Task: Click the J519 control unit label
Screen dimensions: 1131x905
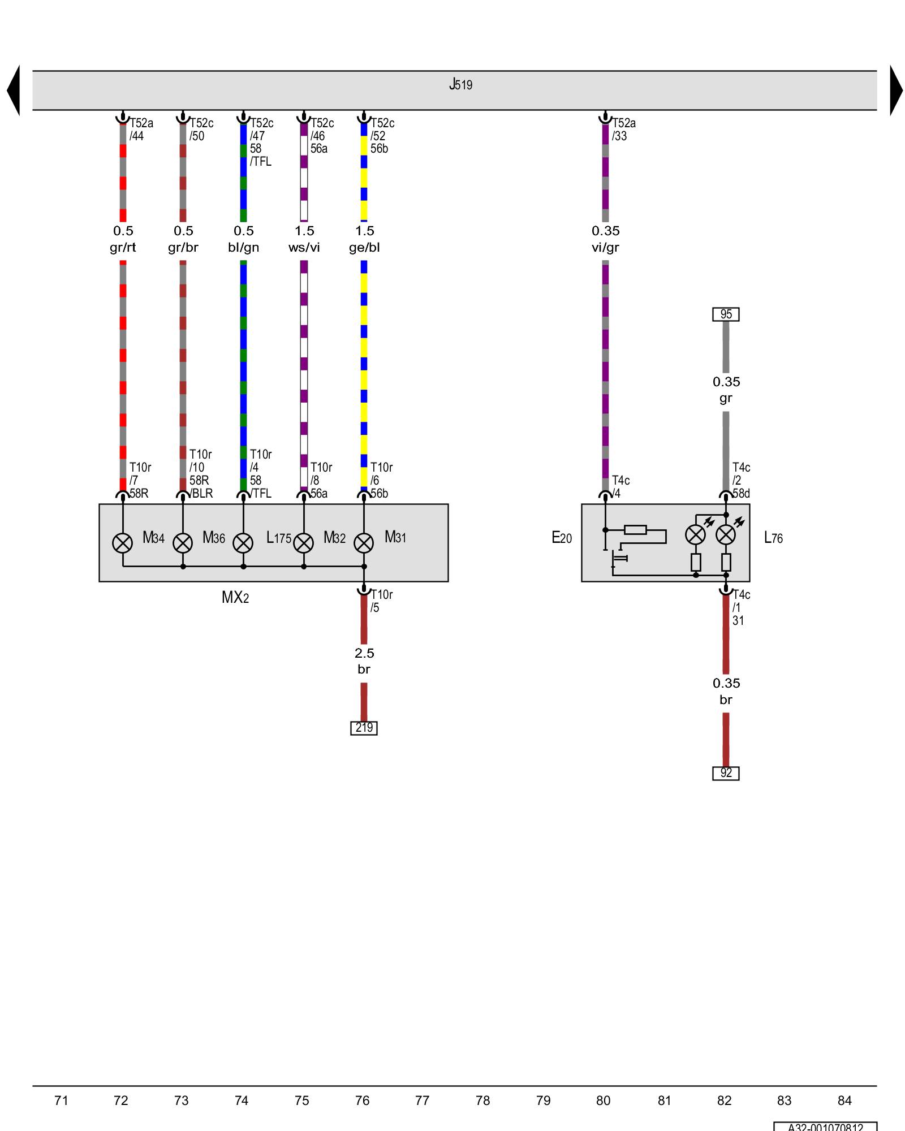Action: click(x=460, y=85)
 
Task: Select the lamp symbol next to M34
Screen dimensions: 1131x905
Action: click(x=123, y=543)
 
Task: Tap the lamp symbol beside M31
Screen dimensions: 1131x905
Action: click(x=364, y=543)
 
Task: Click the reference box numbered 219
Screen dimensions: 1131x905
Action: click(x=364, y=728)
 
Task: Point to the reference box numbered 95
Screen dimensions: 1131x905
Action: click(x=726, y=314)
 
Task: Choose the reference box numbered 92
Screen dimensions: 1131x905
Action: click(x=726, y=773)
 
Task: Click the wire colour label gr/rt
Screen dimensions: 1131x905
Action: click(x=123, y=248)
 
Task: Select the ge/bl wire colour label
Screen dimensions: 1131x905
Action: click(x=364, y=248)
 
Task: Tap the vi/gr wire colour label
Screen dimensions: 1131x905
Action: click(x=605, y=248)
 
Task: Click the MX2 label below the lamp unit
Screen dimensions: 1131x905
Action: click(x=235, y=597)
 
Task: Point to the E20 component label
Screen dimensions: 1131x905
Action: click(x=562, y=538)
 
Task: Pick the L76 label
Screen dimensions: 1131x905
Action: click(x=773, y=538)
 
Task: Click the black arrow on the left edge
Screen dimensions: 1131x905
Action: click(x=14, y=90)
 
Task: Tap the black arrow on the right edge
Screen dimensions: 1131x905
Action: click(x=896, y=90)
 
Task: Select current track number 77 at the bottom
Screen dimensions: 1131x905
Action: click(x=422, y=1100)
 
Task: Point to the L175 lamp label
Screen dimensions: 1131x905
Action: click(x=278, y=538)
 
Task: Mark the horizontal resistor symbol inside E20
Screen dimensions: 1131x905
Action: click(x=635, y=530)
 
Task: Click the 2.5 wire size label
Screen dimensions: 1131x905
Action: click(x=364, y=653)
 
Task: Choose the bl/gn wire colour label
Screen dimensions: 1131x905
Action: click(x=243, y=248)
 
